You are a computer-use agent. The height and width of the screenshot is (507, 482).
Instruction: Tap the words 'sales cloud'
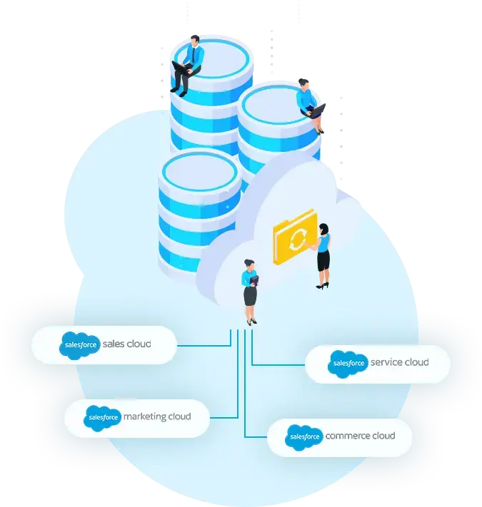(126, 344)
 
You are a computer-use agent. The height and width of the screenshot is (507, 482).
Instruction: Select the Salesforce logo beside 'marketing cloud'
(102, 418)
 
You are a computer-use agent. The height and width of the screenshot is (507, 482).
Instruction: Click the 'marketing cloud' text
(157, 416)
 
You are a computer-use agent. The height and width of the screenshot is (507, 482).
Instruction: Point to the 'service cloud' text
(399, 362)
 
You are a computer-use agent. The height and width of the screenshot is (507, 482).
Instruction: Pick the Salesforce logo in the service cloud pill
(348, 364)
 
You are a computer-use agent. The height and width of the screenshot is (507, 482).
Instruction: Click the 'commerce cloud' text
(360, 436)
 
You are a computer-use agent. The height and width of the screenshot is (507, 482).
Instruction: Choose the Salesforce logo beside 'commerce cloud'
(304, 437)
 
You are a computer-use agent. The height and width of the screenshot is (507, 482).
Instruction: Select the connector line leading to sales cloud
(204, 345)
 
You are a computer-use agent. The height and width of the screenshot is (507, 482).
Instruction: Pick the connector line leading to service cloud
(278, 364)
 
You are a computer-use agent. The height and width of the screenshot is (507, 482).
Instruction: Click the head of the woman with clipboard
(249, 265)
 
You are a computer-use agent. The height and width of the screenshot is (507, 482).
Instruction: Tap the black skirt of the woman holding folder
(323, 261)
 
